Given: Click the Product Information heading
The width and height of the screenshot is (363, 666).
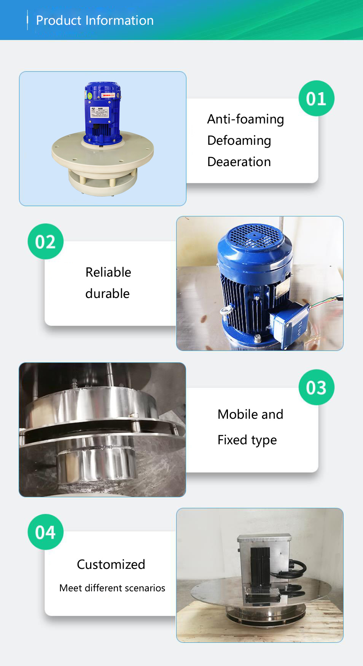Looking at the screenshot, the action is [x=95, y=20].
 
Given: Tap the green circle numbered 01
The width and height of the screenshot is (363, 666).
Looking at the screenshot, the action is [x=316, y=98].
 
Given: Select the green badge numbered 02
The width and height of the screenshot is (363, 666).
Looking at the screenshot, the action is [x=46, y=242].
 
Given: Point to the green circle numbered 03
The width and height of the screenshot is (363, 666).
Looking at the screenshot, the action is [x=316, y=387].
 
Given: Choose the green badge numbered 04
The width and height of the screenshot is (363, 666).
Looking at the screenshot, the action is [x=46, y=532].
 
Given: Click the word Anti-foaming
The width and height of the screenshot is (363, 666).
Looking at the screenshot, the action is [x=245, y=119].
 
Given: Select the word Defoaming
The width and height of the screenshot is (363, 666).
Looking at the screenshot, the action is [x=239, y=141].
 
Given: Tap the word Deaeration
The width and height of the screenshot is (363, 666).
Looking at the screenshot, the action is [x=239, y=162].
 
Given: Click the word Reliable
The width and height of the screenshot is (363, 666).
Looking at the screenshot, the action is [x=108, y=272].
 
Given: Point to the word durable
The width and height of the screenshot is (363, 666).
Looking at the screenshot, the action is [x=107, y=293].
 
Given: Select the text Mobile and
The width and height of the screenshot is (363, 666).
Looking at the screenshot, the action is [x=250, y=414].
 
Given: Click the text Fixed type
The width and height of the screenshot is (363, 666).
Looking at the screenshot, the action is [x=247, y=440].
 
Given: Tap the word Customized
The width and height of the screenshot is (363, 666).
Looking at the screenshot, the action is [x=111, y=564].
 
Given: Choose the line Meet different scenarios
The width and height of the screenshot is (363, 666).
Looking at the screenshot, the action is [x=112, y=588].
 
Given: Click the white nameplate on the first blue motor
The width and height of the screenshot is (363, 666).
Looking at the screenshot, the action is [x=100, y=112].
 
